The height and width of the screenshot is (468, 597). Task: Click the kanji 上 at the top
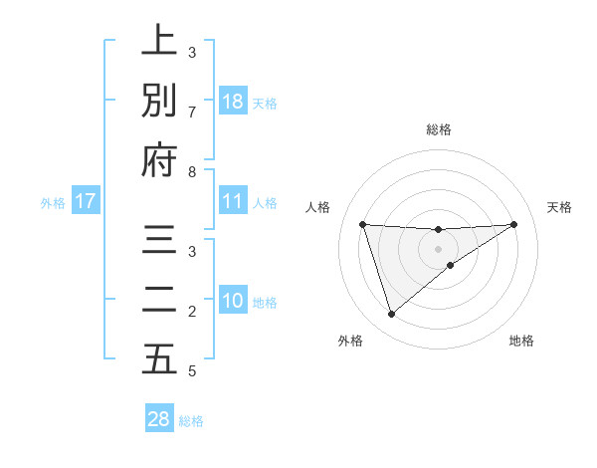point(159,42)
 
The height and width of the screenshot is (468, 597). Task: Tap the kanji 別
point(159,101)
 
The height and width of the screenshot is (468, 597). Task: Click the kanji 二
point(159,300)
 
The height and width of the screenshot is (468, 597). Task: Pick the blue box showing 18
point(233,102)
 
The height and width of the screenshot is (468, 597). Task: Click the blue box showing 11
point(233,201)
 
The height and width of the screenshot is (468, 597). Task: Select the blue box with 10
point(233,301)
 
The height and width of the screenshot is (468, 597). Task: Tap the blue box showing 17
point(85,201)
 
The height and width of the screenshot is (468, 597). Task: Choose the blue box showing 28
point(159,419)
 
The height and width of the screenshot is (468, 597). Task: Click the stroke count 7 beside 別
point(192,111)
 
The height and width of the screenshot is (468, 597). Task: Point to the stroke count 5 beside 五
point(192,371)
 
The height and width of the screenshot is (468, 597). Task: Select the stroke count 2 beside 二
point(192,313)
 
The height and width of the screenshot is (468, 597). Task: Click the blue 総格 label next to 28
point(191,421)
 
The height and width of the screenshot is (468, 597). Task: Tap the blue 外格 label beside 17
point(53,203)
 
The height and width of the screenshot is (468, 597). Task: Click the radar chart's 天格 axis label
point(560,207)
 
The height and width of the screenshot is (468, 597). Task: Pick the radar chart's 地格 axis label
point(521,342)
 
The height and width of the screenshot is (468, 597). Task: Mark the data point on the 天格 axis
point(514,224)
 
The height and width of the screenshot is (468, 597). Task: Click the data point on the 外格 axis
point(391,315)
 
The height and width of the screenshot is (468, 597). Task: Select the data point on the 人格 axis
point(362,224)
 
